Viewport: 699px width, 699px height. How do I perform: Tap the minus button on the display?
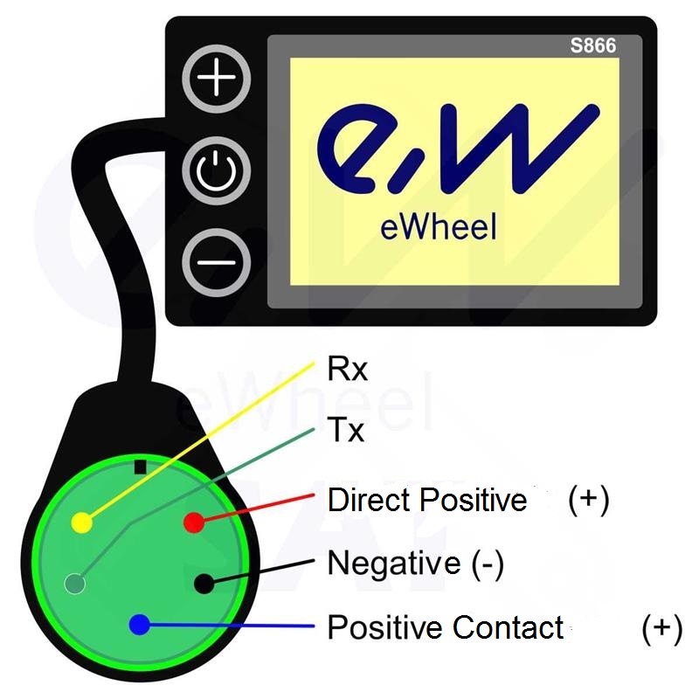click(216, 261)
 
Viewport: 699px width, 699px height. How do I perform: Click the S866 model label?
click(592, 46)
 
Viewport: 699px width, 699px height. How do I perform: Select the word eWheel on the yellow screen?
click(439, 227)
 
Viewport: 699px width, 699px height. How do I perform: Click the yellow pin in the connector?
click(80, 523)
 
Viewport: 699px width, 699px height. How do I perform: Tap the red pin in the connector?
click(193, 523)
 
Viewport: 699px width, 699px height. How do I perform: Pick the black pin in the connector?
click(203, 582)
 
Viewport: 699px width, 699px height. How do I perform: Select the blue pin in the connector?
click(138, 625)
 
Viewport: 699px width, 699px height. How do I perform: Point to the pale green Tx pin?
click(75, 583)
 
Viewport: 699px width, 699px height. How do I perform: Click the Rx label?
click(348, 370)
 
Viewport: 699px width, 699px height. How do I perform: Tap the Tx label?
click(346, 431)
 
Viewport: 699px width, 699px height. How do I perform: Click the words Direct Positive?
click(427, 501)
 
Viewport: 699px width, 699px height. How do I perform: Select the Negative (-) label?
click(415, 564)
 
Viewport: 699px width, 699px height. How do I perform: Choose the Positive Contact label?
click(445, 627)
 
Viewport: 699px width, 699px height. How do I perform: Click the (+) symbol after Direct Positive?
click(588, 501)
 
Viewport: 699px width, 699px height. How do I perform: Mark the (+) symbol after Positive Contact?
click(661, 627)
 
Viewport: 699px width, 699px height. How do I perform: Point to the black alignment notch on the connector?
click(140, 466)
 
